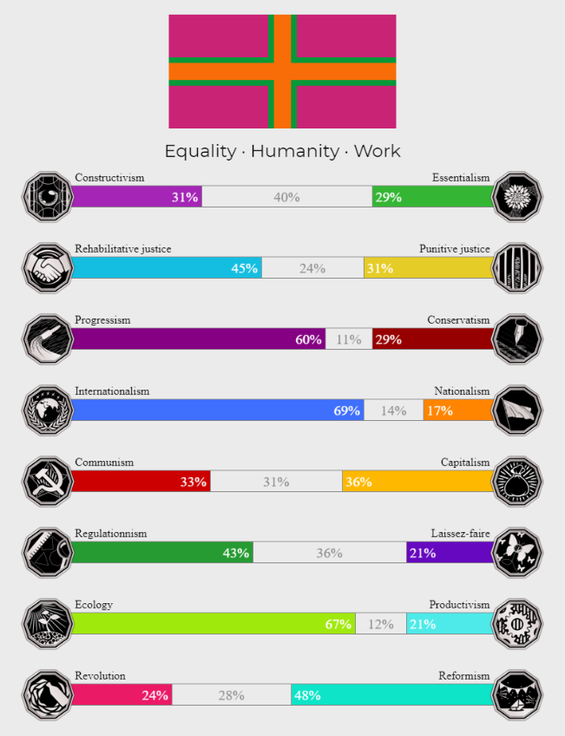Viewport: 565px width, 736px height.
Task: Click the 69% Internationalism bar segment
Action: tap(217, 411)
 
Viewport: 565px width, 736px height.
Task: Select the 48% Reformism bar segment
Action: tap(391, 695)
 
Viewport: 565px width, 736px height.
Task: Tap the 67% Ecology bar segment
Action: tap(213, 624)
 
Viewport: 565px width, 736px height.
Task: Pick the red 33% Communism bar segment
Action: tap(141, 482)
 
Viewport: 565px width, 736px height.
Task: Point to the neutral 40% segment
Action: tap(286, 197)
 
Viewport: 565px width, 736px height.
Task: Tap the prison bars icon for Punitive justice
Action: tap(516, 268)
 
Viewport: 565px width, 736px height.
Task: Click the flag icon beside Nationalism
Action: tap(516, 411)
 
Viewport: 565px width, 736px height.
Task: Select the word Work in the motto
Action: tap(377, 151)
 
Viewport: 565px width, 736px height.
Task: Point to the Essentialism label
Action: tap(461, 178)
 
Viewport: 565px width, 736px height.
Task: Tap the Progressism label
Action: tap(102, 320)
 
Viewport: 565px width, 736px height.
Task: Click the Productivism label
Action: tap(459, 605)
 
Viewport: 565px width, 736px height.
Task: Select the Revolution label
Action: tap(100, 676)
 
